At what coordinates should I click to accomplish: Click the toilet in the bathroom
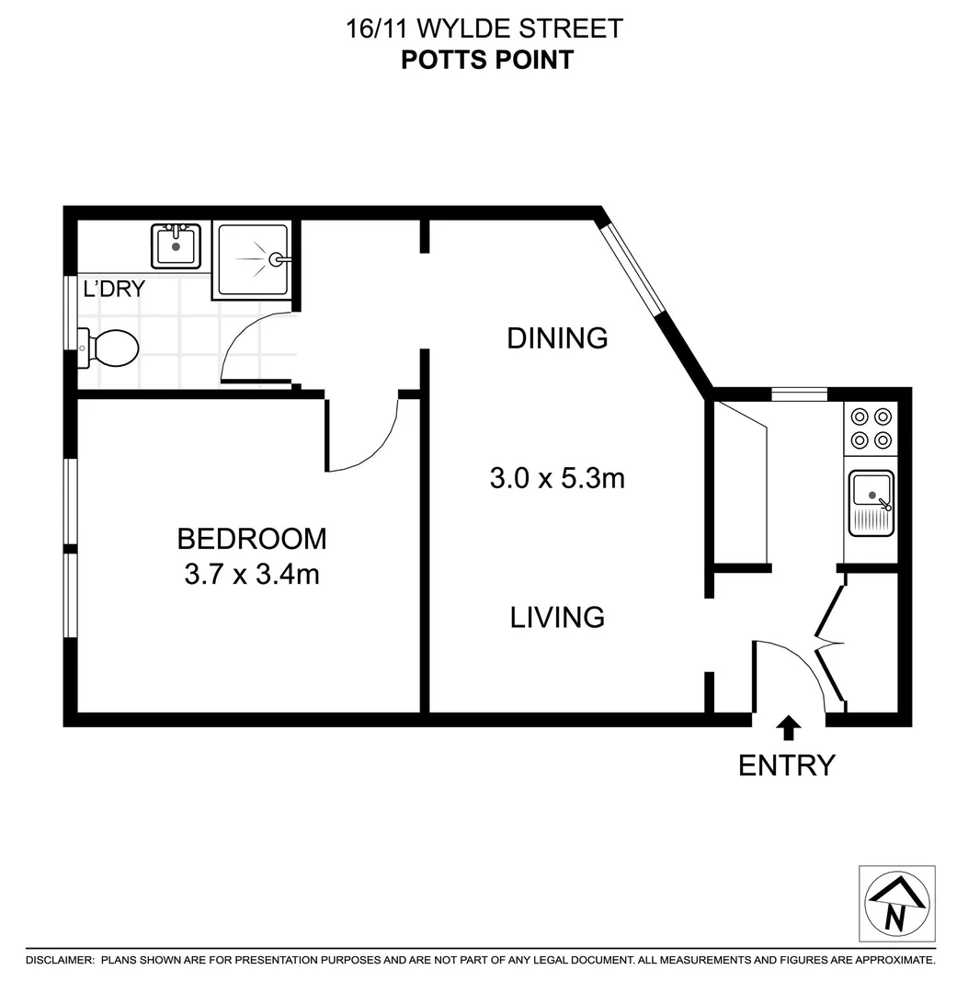[110, 348]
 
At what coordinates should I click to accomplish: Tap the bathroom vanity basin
[176, 245]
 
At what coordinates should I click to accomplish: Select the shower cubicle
[254, 260]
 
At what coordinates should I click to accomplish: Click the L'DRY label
[114, 289]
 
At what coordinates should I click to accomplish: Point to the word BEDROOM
[251, 538]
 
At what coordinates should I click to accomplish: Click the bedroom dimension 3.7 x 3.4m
[251, 575]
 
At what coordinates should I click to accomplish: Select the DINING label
[557, 338]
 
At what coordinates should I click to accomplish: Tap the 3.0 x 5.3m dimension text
[557, 478]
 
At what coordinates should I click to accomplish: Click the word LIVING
[557, 617]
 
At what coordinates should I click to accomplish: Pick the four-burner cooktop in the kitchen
[871, 428]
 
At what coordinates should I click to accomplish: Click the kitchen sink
[871, 502]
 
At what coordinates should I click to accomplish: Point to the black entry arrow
[788, 728]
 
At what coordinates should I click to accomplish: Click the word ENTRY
[787, 765]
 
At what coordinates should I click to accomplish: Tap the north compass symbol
[896, 903]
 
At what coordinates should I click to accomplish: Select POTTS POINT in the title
[487, 60]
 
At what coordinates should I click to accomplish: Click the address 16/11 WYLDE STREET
[484, 29]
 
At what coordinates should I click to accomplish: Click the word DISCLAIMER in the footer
[60, 960]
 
